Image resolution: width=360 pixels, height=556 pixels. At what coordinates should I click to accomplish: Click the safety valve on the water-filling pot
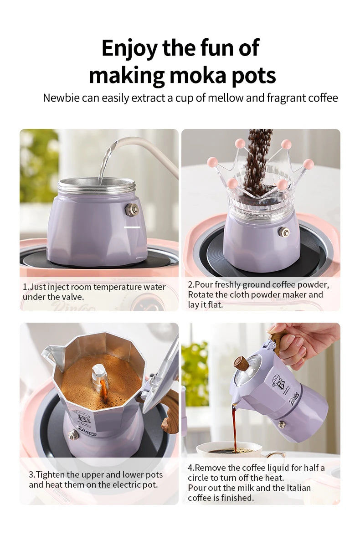click(132, 210)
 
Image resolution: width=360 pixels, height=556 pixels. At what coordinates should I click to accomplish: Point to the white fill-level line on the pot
click(132, 227)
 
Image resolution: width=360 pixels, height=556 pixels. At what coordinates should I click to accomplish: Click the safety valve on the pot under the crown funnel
click(284, 232)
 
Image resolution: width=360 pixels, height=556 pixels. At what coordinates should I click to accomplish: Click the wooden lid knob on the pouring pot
click(241, 363)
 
